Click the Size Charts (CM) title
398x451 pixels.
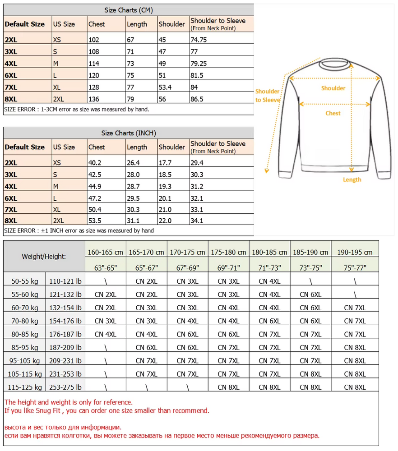click(x=129, y=10)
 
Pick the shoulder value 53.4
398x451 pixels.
click(x=166, y=87)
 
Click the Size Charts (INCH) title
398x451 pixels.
click(x=129, y=133)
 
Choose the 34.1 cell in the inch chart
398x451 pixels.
click(x=198, y=221)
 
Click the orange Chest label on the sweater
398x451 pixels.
click(x=333, y=113)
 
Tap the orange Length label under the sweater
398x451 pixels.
click(x=352, y=179)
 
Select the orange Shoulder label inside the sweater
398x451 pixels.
click(x=333, y=88)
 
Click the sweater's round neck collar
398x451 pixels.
click(x=334, y=64)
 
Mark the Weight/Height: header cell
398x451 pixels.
click(x=44, y=257)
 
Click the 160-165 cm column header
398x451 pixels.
click(x=106, y=253)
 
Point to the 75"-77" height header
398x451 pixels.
click(x=356, y=268)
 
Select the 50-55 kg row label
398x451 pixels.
click(x=26, y=281)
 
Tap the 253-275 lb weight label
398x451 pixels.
click(x=66, y=387)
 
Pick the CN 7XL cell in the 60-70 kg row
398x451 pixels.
click(x=355, y=308)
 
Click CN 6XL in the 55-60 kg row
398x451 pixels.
click(x=310, y=295)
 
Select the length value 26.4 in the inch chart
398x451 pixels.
click(x=133, y=163)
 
